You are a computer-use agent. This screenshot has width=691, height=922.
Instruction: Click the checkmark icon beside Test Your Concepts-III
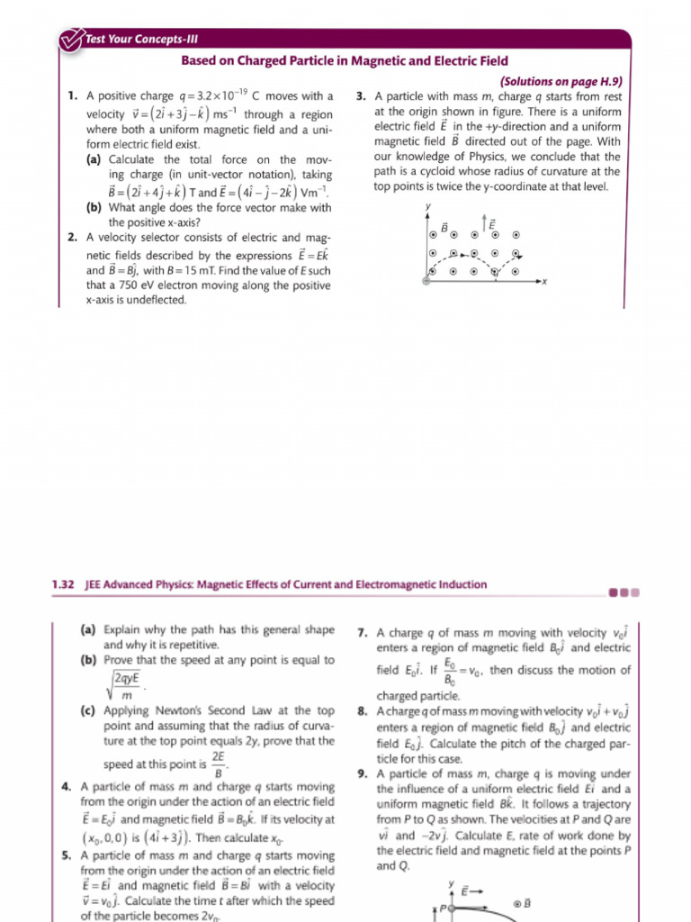(x=69, y=39)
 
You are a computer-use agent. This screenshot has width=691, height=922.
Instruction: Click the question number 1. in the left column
(x=72, y=96)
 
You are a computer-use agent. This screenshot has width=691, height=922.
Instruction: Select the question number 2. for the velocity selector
(x=72, y=238)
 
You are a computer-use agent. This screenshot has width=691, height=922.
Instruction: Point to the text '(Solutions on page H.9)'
(x=560, y=80)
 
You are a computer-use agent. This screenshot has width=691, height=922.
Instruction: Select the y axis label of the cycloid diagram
(x=429, y=207)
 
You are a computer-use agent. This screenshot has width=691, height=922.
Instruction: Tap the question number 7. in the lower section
(x=362, y=633)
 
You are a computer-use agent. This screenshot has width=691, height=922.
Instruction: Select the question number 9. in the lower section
(x=362, y=773)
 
